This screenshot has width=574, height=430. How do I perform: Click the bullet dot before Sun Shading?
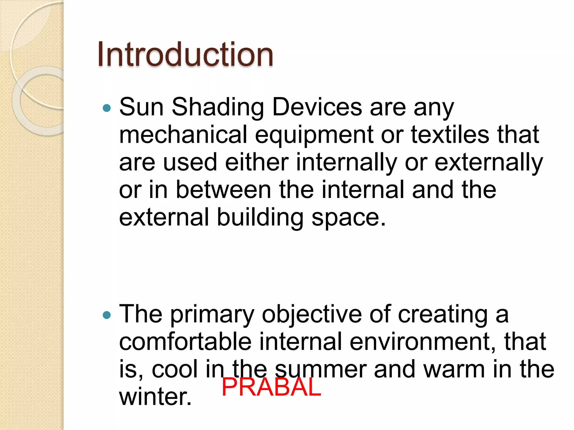click(107, 108)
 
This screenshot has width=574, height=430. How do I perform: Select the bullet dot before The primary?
click(107, 316)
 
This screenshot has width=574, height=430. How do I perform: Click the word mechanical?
click(183, 135)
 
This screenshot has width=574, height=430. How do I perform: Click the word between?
click(223, 190)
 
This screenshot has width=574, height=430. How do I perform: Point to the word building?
click(260, 218)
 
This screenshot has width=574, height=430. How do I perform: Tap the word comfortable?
click(185, 341)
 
